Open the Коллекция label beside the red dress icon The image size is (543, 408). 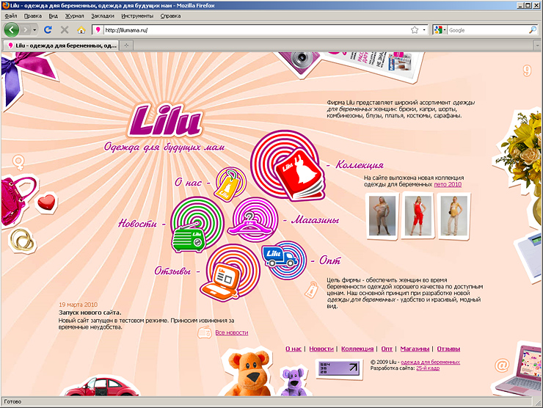tap(360, 165)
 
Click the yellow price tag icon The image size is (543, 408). tap(229, 184)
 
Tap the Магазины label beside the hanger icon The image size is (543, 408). tap(315, 219)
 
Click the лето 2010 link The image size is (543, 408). tap(448, 184)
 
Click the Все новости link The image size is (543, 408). tap(231, 332)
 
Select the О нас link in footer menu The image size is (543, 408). tap(294, 349)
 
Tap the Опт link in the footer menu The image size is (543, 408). tap(387, 349)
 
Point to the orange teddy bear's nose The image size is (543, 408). tap(253, 380)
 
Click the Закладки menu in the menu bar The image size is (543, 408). tap(103, 15)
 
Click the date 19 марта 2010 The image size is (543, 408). tap(78, 304)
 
